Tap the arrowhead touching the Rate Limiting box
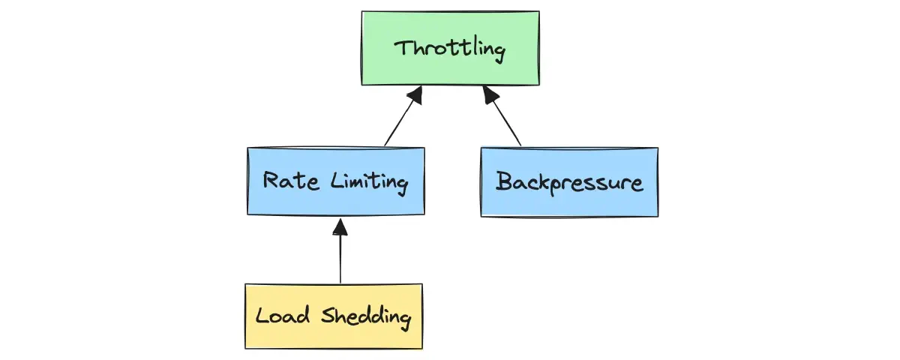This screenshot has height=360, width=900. coord(340,225)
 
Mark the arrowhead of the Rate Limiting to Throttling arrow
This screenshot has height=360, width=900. coord(414,94)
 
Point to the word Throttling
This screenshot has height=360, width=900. coord(450,49)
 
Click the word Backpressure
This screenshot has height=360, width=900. coord(569,181)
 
